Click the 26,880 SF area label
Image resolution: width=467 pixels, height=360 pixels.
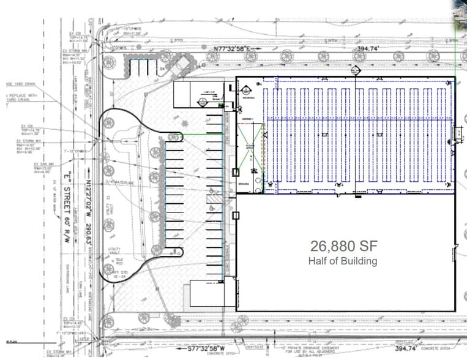coord(343,247)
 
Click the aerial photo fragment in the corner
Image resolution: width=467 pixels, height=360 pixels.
coord(460,12)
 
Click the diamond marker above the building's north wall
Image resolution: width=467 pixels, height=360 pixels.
coord(354,71)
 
